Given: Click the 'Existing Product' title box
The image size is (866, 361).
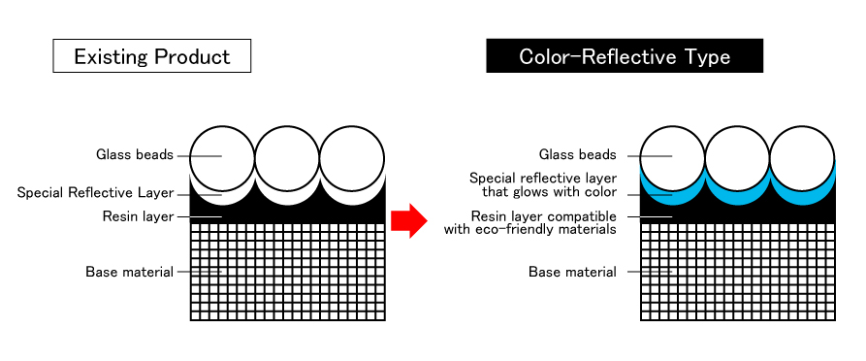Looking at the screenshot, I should pyautogui.click(x=151, y=56).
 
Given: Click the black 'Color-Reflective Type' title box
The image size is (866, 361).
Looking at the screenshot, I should pyautogui.click(x=625, y=56).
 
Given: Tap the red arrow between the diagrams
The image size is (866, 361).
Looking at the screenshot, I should pyautogui.click(x=408, y=220).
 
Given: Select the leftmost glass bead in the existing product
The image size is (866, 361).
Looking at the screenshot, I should pyautogui.click(x=223, y=157).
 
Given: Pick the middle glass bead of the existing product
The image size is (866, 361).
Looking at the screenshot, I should pyautogui.click(x=287, y=157).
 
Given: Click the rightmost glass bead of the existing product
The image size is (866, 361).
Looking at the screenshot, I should pyautogui.click(x=351, y=157).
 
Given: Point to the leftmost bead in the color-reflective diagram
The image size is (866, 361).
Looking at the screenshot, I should pyautogui.click(x=673, y=157).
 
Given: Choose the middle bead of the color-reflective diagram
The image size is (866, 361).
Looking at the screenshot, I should pyautogui.click(x=737, y=157).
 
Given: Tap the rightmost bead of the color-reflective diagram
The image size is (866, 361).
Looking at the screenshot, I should pyautogui.click(x=801, y=157).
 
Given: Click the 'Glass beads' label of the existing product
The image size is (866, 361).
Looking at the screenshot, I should pyautogui.click(x=135, y=155).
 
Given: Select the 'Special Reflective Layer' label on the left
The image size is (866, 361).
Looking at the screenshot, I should pyautogui.click(x=95, y=193).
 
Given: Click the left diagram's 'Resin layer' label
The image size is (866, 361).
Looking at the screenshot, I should pyautogui.click(x=137, y=216).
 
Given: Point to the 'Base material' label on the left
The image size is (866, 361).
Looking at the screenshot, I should pyautogui.click(x=129, y=272).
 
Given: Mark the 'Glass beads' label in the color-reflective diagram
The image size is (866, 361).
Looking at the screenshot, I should pyautogui.click(x=577, y=155).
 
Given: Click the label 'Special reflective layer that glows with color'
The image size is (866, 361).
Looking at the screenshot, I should pyautogui.click(x=542, y=185).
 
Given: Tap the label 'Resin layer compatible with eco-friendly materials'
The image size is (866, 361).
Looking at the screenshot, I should pyautogui.click(x=536, y=223).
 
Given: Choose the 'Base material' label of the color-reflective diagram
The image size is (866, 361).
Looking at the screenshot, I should pyautogui.click(x=572, y=272).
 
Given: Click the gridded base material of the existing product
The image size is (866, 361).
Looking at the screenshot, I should pyautogui.click(x=287, y=272).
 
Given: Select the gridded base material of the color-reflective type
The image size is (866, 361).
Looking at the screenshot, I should pyautogui.click(x=737, y=272).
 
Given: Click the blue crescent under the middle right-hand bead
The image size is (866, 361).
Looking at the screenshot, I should pyautogui.click(x=737, y=198).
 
